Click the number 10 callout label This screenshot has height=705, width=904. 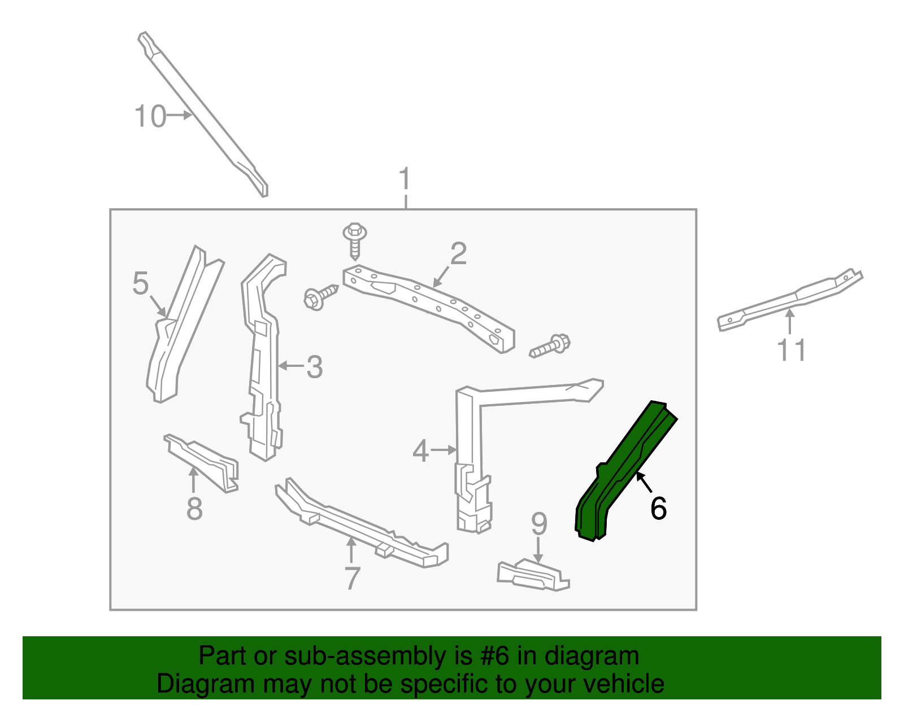[150, 116]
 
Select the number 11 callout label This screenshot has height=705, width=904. [792, 351]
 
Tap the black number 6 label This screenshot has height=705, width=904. [658, 508]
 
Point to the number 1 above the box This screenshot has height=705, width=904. [405, 179]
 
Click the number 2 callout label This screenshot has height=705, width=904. [458, 254]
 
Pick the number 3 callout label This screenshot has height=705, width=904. [314, 367]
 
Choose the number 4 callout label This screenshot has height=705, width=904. [420, 451]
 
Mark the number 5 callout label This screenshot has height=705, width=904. [140, 283]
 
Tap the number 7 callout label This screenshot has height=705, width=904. [352, 579]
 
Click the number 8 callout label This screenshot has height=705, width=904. [194, 509]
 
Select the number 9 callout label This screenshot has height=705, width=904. [539, 524]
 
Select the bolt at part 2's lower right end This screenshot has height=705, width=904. [550, 346]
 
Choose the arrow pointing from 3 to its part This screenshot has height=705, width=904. [291, 366]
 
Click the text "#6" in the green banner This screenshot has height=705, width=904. [495, 656]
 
